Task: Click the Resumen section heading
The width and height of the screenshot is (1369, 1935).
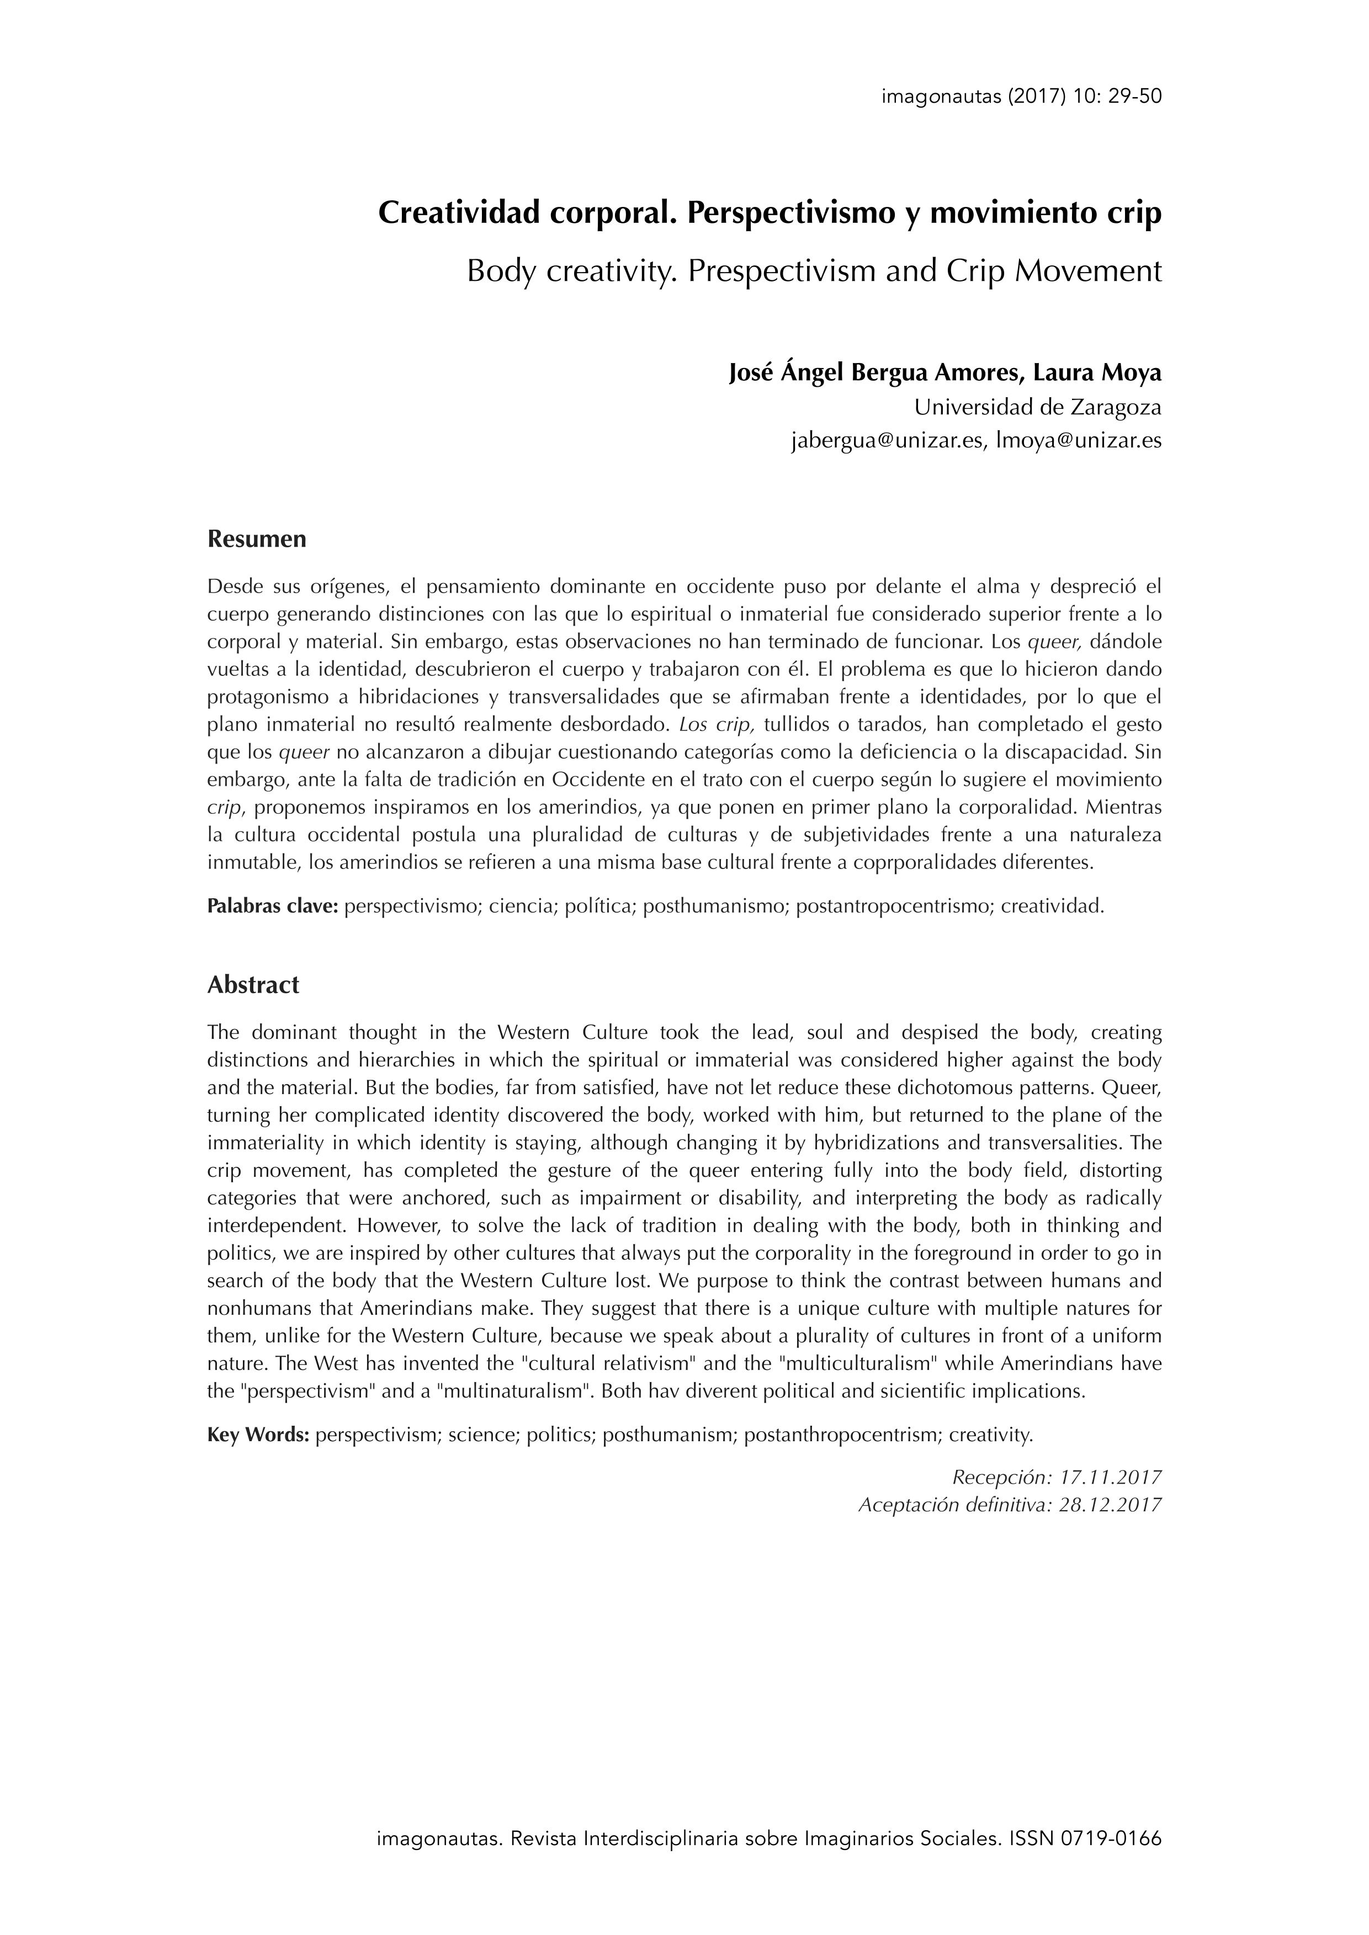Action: coord(256,540)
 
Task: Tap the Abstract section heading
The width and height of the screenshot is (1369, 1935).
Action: coord(253,984)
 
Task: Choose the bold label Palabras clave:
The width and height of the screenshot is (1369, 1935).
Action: coord(272,907)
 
